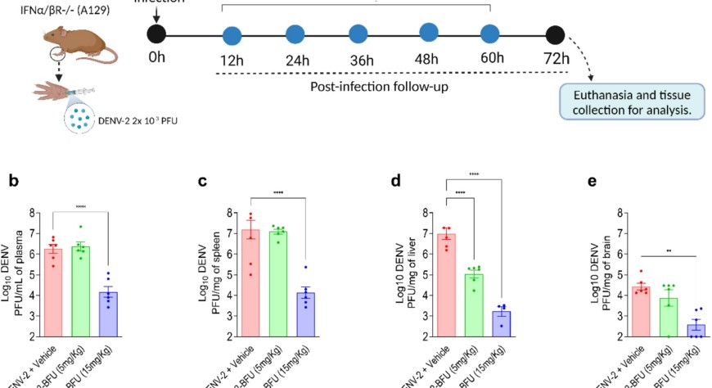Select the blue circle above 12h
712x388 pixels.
pos(233,35)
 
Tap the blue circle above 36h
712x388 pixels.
pos(358,35)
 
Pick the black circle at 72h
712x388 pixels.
pos(556,35)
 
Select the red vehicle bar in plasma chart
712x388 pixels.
pos(53,291)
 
